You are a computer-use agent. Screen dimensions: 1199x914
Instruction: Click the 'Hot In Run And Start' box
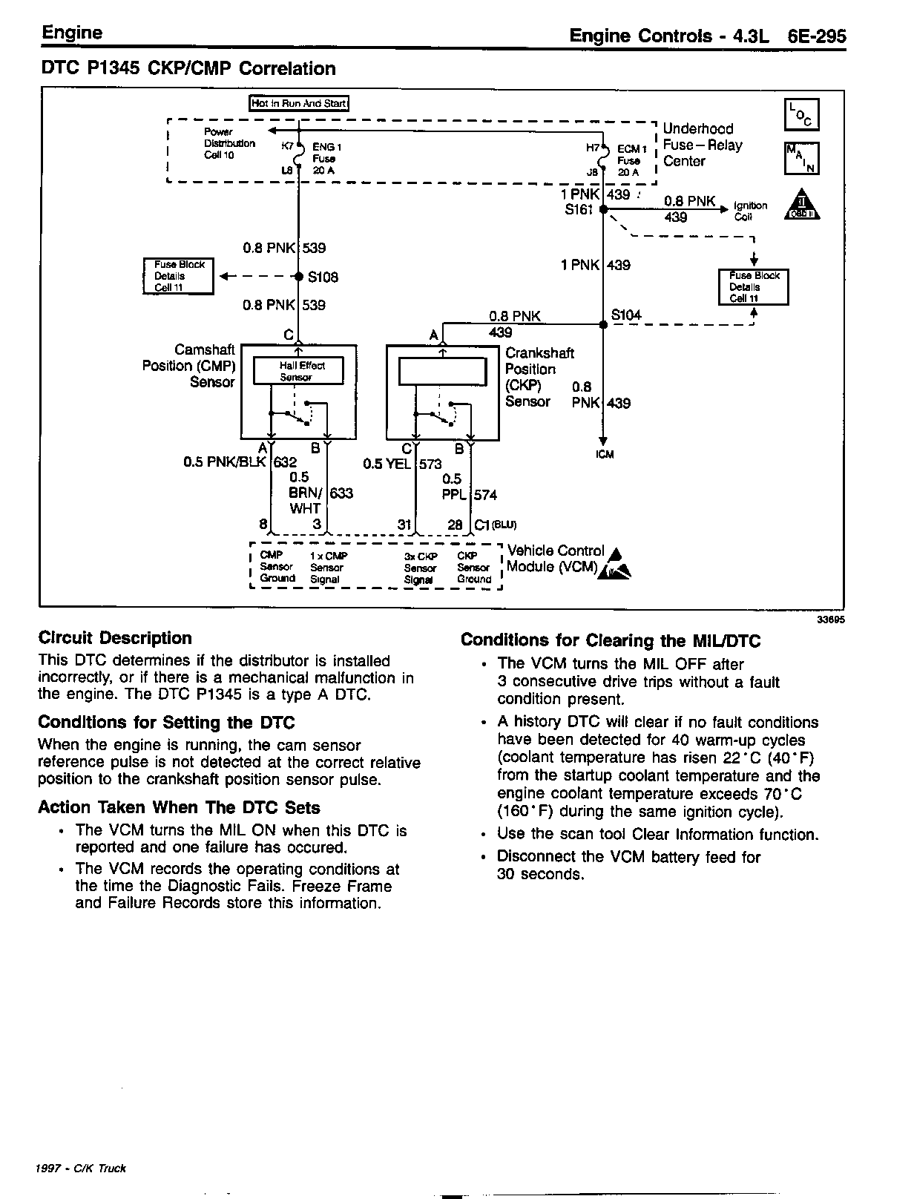[x=299, y=104]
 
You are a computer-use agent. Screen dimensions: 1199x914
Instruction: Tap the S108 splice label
[x=323, y=277]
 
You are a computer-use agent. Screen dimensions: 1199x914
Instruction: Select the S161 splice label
[x=579, y=210]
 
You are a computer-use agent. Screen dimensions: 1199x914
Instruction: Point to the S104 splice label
[x=626, y=315]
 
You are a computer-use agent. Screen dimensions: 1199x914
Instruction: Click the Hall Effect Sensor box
[x=298, y=371]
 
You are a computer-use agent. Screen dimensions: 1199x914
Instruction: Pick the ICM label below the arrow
[x=605, y=455]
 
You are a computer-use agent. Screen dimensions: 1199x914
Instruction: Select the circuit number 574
[x=485, y=495]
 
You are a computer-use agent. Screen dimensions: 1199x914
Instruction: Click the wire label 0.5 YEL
[x=387, y=464]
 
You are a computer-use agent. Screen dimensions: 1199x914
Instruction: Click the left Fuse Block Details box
[x=178, y=276]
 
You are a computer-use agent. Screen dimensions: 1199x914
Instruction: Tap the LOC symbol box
[x=801, y=116]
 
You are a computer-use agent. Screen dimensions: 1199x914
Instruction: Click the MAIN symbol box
[x=801, y=159]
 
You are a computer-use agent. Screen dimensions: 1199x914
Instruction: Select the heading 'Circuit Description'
[x=115, y=638]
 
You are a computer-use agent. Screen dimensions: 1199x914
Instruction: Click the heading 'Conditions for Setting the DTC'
[x=166, y=723]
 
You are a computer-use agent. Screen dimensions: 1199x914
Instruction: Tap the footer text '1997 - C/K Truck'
[x=81, y=1169]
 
